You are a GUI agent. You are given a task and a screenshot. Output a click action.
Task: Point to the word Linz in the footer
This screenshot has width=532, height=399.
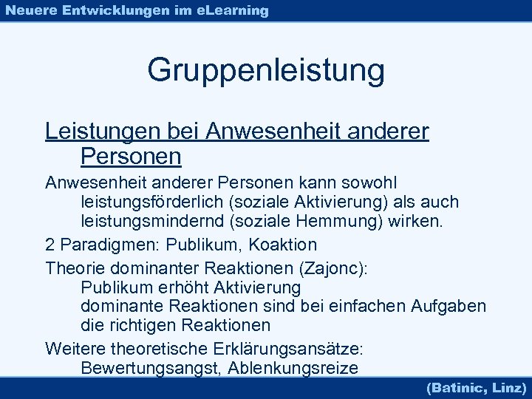(508, 387)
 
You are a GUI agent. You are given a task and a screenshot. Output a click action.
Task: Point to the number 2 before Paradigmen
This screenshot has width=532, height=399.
(50, 244)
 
